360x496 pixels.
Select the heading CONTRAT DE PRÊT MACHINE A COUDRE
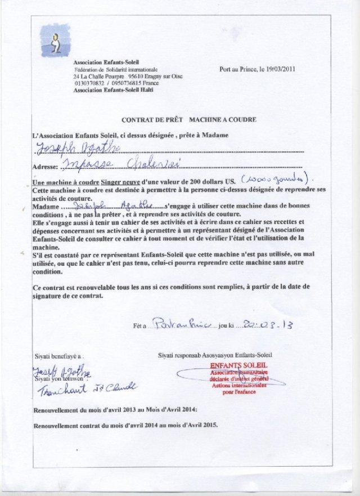click(189, 120)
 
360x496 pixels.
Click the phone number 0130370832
click(89, 83)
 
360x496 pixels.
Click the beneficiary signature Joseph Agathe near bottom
click(60, 373)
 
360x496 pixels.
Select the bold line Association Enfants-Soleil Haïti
click(113, 90)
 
